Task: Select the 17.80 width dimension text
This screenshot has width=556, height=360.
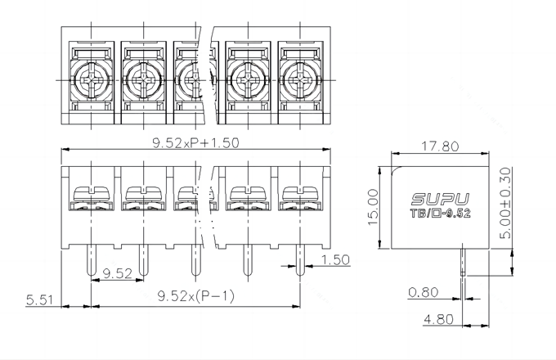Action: click(440, 146)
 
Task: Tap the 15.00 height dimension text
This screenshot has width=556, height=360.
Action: click(372, 208)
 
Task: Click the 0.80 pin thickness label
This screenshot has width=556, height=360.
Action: click(423, 291)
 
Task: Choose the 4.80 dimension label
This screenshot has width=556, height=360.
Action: click(437, 319)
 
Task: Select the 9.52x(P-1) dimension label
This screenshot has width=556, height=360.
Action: click(195, 296)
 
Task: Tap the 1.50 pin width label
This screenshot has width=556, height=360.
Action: click(335, 260)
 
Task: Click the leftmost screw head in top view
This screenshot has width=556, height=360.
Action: click(91, 80)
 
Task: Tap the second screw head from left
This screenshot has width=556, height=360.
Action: click(143, 80)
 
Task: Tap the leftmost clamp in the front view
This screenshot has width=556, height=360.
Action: click(91, 197)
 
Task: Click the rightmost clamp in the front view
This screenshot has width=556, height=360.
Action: click(299, 197)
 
